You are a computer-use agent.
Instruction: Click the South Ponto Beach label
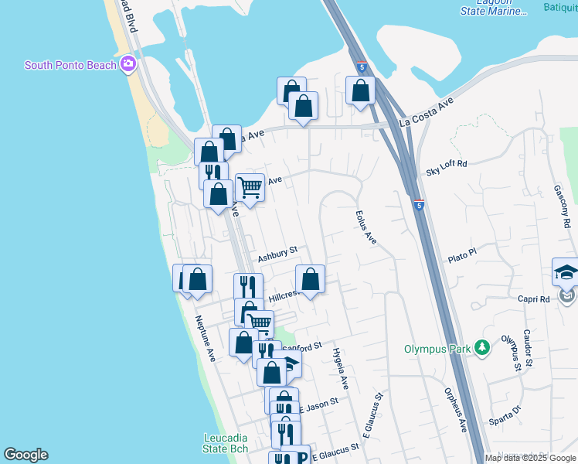coord(70,65)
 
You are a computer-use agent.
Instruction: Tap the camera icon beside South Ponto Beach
coord(128,64)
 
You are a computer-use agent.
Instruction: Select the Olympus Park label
coord(437,349)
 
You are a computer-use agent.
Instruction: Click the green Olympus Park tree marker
coord(483,348)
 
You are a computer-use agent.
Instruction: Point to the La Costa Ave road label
coord(426,112)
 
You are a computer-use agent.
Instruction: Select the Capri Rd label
coord(533,299)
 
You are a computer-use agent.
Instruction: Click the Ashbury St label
coord(277,254)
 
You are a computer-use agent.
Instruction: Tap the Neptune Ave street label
coord(205,339)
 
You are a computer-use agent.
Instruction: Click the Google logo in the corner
coord(25,455)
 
